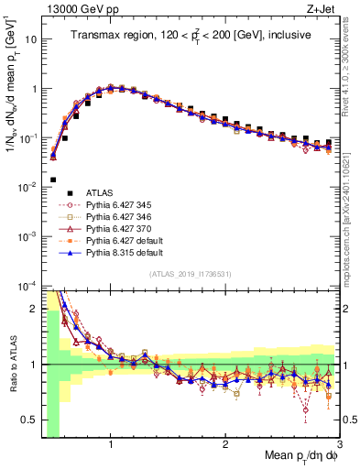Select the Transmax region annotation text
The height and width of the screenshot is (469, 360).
pyautogui.click(x=191, y=36)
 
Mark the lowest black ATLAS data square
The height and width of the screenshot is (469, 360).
pyautogui.click(x=53, y=180)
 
